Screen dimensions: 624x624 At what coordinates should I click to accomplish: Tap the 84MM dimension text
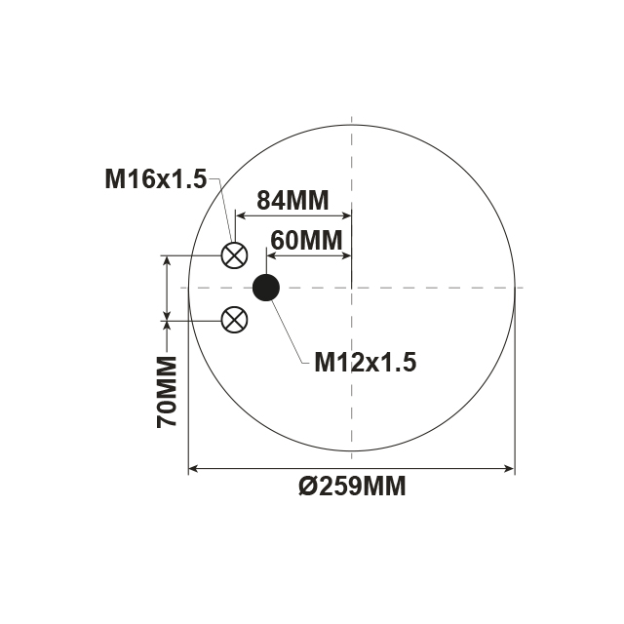[292, 201]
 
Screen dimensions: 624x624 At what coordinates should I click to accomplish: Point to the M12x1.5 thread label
[366, 363]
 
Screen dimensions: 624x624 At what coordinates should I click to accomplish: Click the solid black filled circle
[266, 287]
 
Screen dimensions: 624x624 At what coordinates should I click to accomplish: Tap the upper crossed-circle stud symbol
[234, 255]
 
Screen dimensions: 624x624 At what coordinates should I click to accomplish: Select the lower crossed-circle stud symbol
[234, 319]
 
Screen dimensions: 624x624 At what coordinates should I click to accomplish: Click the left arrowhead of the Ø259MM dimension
[192, 469]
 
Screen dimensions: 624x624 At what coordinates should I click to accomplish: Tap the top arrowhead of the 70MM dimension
[168, 260]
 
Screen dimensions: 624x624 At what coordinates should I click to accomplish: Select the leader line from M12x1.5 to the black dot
[291, 331]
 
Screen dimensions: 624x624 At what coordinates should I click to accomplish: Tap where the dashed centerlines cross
[351, 288]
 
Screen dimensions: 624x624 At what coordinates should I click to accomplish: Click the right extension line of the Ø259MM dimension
[514, 390]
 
